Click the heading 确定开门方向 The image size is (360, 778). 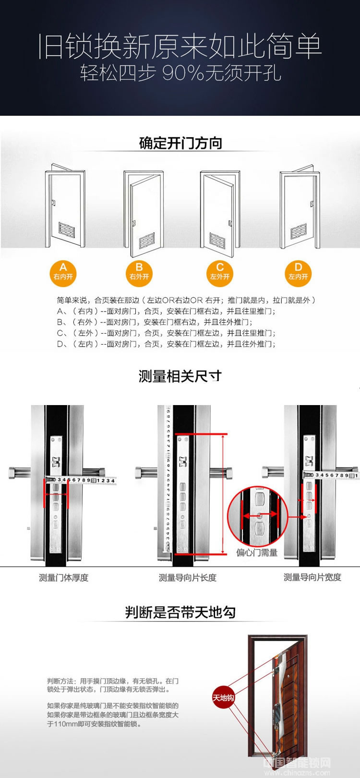[180, 143]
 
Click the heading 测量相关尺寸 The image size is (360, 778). [180, 376]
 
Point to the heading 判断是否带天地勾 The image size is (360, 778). [180, 612]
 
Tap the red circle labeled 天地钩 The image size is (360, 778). [223, 697]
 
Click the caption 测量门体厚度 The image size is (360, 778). [64, 577]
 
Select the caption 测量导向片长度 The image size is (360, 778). [188, 577]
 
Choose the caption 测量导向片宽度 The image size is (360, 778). [312, 577]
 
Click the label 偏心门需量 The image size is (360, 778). [257, 552]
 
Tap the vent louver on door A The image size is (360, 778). [67, 229]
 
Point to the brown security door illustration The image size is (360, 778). [277, 701]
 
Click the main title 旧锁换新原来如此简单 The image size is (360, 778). [180, 47]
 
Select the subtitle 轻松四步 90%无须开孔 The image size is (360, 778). [180, 73]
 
